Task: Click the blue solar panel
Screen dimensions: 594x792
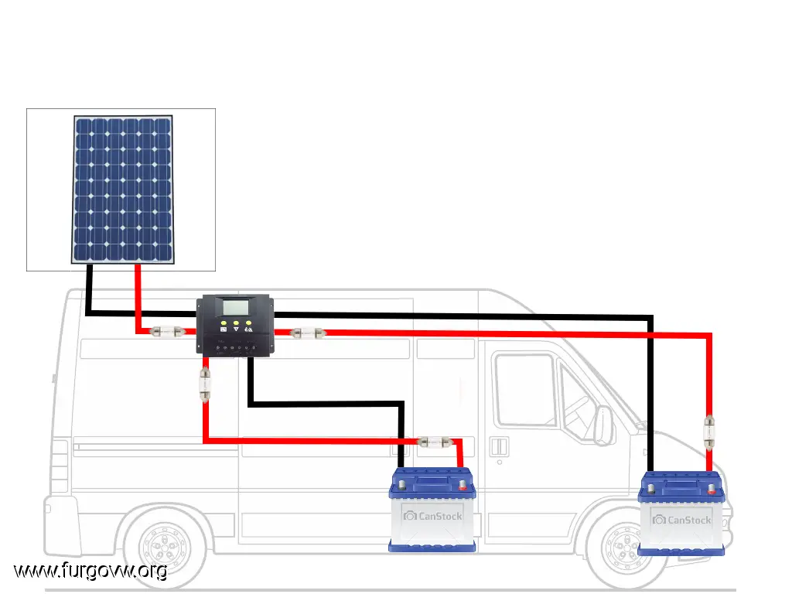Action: click(123, 189)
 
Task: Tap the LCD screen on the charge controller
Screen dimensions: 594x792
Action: click(236, 306)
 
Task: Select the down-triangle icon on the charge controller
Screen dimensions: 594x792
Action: click(236, 329)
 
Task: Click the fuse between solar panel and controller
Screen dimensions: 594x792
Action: click(167, 332)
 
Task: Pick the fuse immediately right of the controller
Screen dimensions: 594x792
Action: click(307, 333)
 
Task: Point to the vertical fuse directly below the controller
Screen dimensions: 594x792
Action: click(205, 384)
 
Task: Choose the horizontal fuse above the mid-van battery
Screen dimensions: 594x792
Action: click(434, 442)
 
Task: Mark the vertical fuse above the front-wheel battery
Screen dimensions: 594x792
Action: click(709, 431)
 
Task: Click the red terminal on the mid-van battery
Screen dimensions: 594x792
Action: click(463, 486)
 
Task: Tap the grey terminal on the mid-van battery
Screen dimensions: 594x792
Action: click(401, 486)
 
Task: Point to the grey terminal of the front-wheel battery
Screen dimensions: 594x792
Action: click(652, 489)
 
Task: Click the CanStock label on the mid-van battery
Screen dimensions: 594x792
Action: click(432, 516)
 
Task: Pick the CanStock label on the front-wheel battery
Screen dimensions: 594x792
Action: click(681, 520)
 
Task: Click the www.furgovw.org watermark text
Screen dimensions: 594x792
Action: click(90, 572)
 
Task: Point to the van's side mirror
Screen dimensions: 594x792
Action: click(603, 425)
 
